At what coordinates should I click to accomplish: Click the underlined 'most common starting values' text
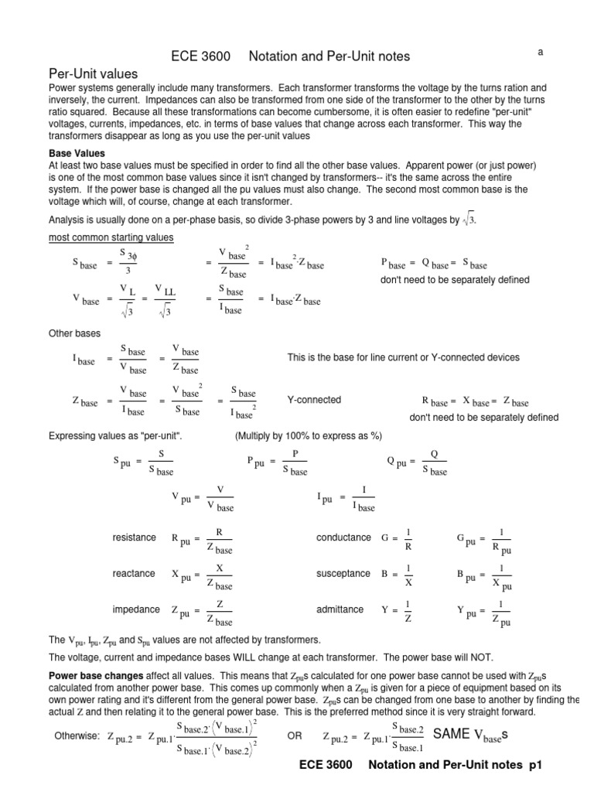(x=111, y=237)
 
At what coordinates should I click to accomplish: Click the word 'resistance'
(x=134, y=538)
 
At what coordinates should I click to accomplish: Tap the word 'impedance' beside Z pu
(x=135, y=609)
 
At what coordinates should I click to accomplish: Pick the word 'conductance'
(x=343, y=538)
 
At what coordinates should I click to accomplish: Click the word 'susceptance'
(x=344, y=574)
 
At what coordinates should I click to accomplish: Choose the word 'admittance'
(x=340, y=609)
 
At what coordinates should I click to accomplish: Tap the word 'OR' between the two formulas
(x=295, y=736)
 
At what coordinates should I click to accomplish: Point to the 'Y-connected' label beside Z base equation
(x=314, y=400)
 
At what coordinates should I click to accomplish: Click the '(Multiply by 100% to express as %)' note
(x=309, y=435)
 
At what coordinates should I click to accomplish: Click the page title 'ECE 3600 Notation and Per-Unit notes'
(x=289, y=56)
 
